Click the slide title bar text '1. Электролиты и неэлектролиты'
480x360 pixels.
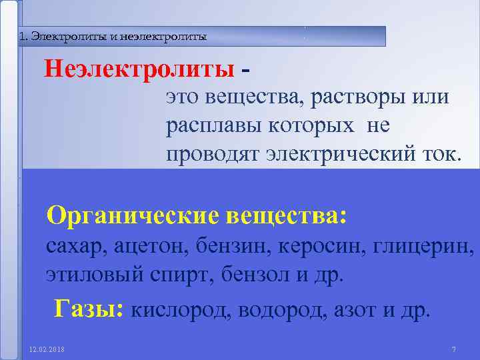(113, 37)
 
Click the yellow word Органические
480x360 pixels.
(133, 215)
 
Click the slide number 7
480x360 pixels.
(453, 349)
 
